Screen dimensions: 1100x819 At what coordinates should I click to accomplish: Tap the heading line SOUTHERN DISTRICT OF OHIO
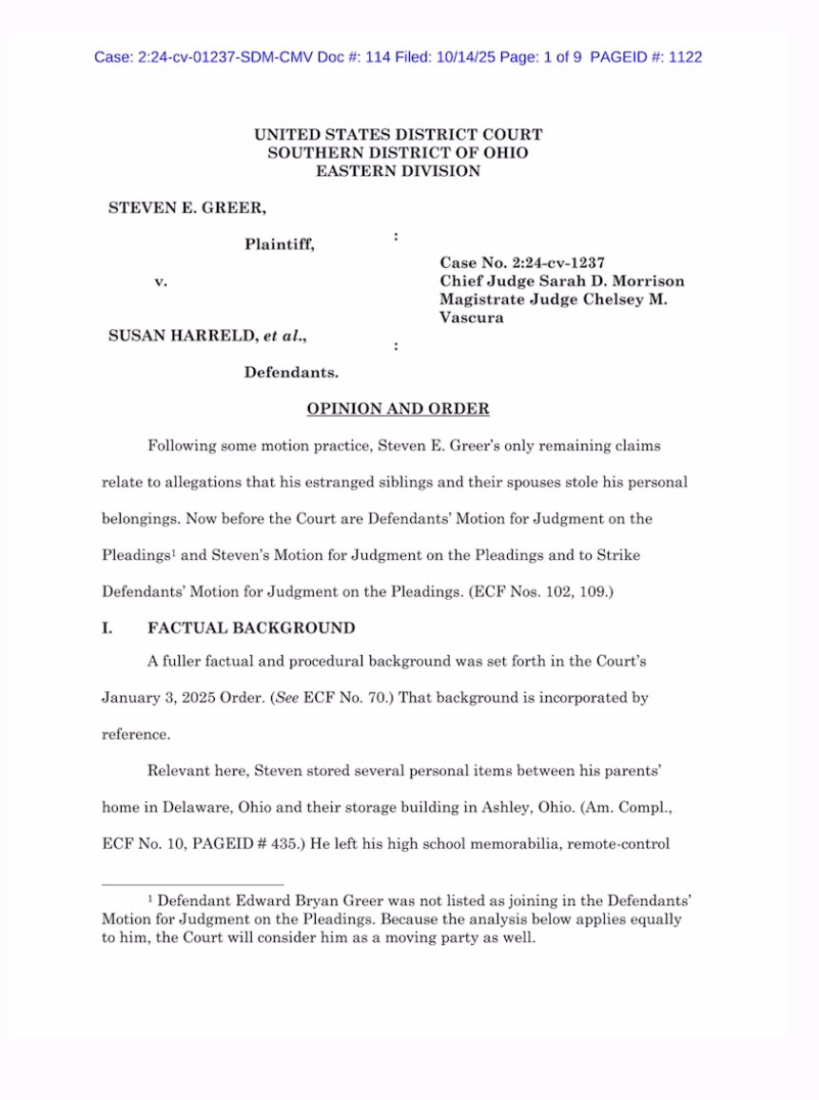coord(398,153)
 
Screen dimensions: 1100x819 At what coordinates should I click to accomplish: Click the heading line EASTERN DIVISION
coord(398,171)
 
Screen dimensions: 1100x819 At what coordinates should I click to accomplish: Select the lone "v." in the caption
coord(161,281)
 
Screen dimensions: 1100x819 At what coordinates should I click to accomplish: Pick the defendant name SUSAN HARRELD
coord(185,335)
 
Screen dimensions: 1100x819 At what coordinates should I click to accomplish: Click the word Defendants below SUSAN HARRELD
coord(291,372)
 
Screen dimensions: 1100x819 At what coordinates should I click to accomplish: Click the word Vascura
coord(472,318)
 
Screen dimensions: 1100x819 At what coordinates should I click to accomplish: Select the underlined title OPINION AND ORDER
coord(398,409)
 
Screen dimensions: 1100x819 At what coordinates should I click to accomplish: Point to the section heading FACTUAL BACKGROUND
coord(251,628)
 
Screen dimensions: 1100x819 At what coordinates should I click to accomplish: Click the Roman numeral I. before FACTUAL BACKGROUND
coord(107,628)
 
